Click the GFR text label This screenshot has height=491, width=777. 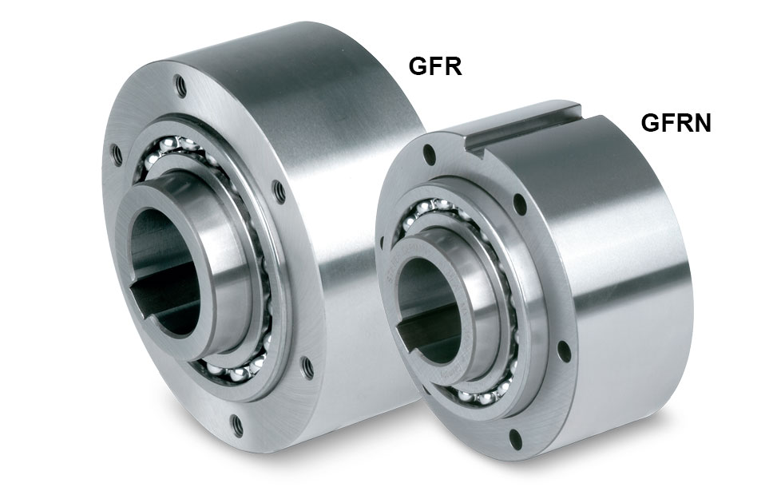pos(435,66)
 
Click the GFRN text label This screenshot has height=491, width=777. pos(676,123)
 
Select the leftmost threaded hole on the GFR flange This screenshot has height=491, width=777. pos(116,155)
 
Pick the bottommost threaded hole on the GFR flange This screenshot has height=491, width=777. pos(238,426)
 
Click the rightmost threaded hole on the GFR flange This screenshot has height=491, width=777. pos(307,366)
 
